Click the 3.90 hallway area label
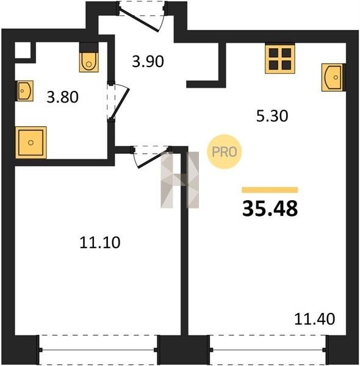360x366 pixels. [x=148, y=62]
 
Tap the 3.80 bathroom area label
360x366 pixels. [x=63, y=98]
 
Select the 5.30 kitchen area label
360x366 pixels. [x=272, y=116]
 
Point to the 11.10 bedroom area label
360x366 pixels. [x=100, y=242]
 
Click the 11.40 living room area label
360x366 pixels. [x=314, y=319]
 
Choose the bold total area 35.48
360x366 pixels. [x=270, y=209]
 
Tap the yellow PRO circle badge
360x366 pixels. [x=224, y=152]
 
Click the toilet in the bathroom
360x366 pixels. [x=88, y=57]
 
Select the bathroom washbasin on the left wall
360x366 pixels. [x=24, y=91]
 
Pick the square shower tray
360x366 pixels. [x=31, y=143]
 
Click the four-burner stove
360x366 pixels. [x=280, y=59]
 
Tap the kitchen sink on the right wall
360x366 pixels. [x=333, y=77]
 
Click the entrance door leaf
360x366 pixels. [x=139, y=20]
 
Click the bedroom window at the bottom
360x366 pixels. [x=98, y=350]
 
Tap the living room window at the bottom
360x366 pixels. [x=268, y=350]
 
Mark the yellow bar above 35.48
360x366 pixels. [x=270, y=190]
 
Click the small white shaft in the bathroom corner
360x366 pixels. [x=23, y=50]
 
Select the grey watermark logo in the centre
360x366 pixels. [x=180, y=180]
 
